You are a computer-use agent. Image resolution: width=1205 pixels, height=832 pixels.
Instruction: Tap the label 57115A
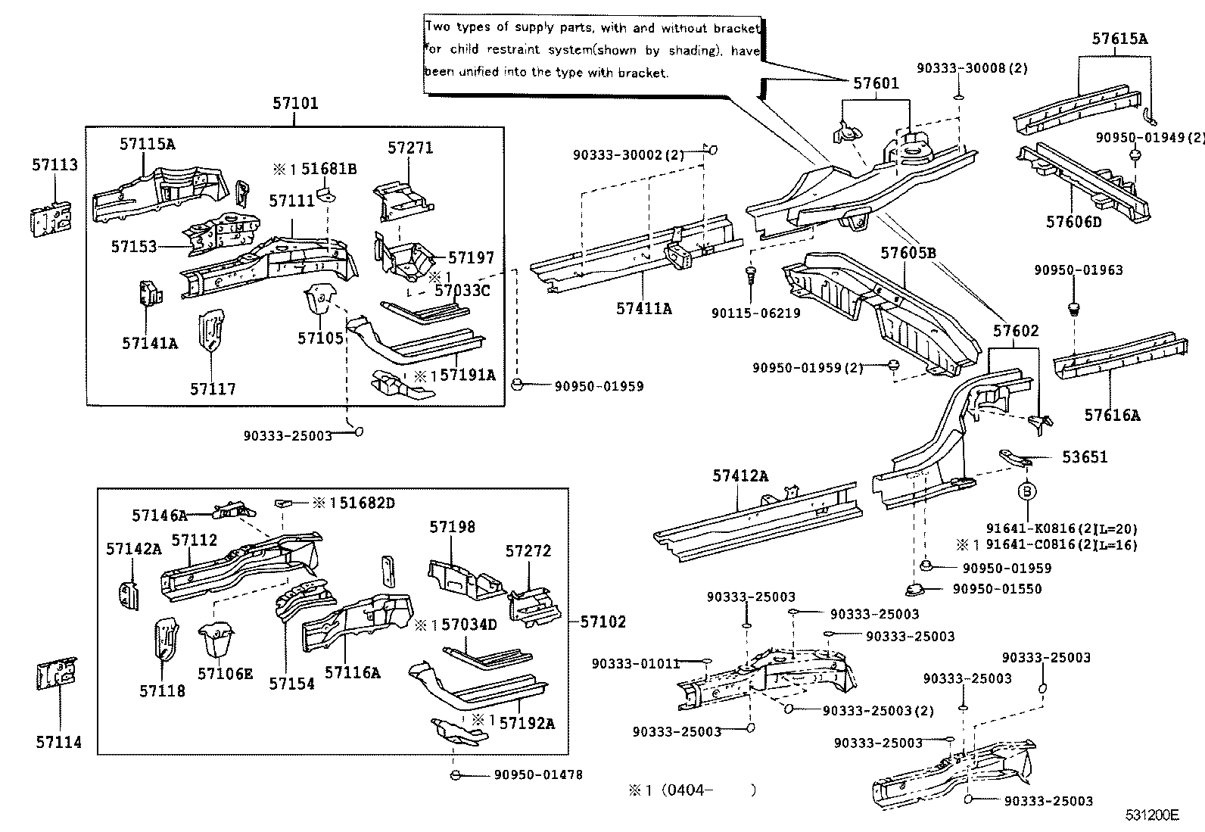click(147, 144)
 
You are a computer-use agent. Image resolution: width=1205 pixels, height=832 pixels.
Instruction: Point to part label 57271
click(410, 148)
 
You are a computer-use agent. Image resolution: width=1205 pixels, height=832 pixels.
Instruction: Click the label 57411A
click(643, 308)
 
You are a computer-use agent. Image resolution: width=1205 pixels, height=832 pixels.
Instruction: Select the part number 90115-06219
click(755, 313)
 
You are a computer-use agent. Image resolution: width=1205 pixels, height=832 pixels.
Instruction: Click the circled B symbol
click(1027, 492)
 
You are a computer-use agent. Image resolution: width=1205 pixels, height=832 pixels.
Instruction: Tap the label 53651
click(1084, 457)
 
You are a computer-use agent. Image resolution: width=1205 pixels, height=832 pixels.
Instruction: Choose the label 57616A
click(1111, 414)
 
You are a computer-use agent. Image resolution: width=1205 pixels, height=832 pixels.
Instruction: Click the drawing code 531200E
click(1151, 815)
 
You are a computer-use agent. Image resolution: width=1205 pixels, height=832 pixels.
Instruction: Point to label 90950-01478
click(538, 774)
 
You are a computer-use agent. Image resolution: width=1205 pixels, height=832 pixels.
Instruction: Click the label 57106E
click(225, 673)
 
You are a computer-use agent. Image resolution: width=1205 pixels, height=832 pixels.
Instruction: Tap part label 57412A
click(740, 475)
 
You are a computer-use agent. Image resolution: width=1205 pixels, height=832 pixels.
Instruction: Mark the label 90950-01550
click(997, 588)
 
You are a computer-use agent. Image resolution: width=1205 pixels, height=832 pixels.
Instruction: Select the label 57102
click(603, 622)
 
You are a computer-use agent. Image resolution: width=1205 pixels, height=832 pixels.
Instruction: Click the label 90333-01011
click(635, 663)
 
